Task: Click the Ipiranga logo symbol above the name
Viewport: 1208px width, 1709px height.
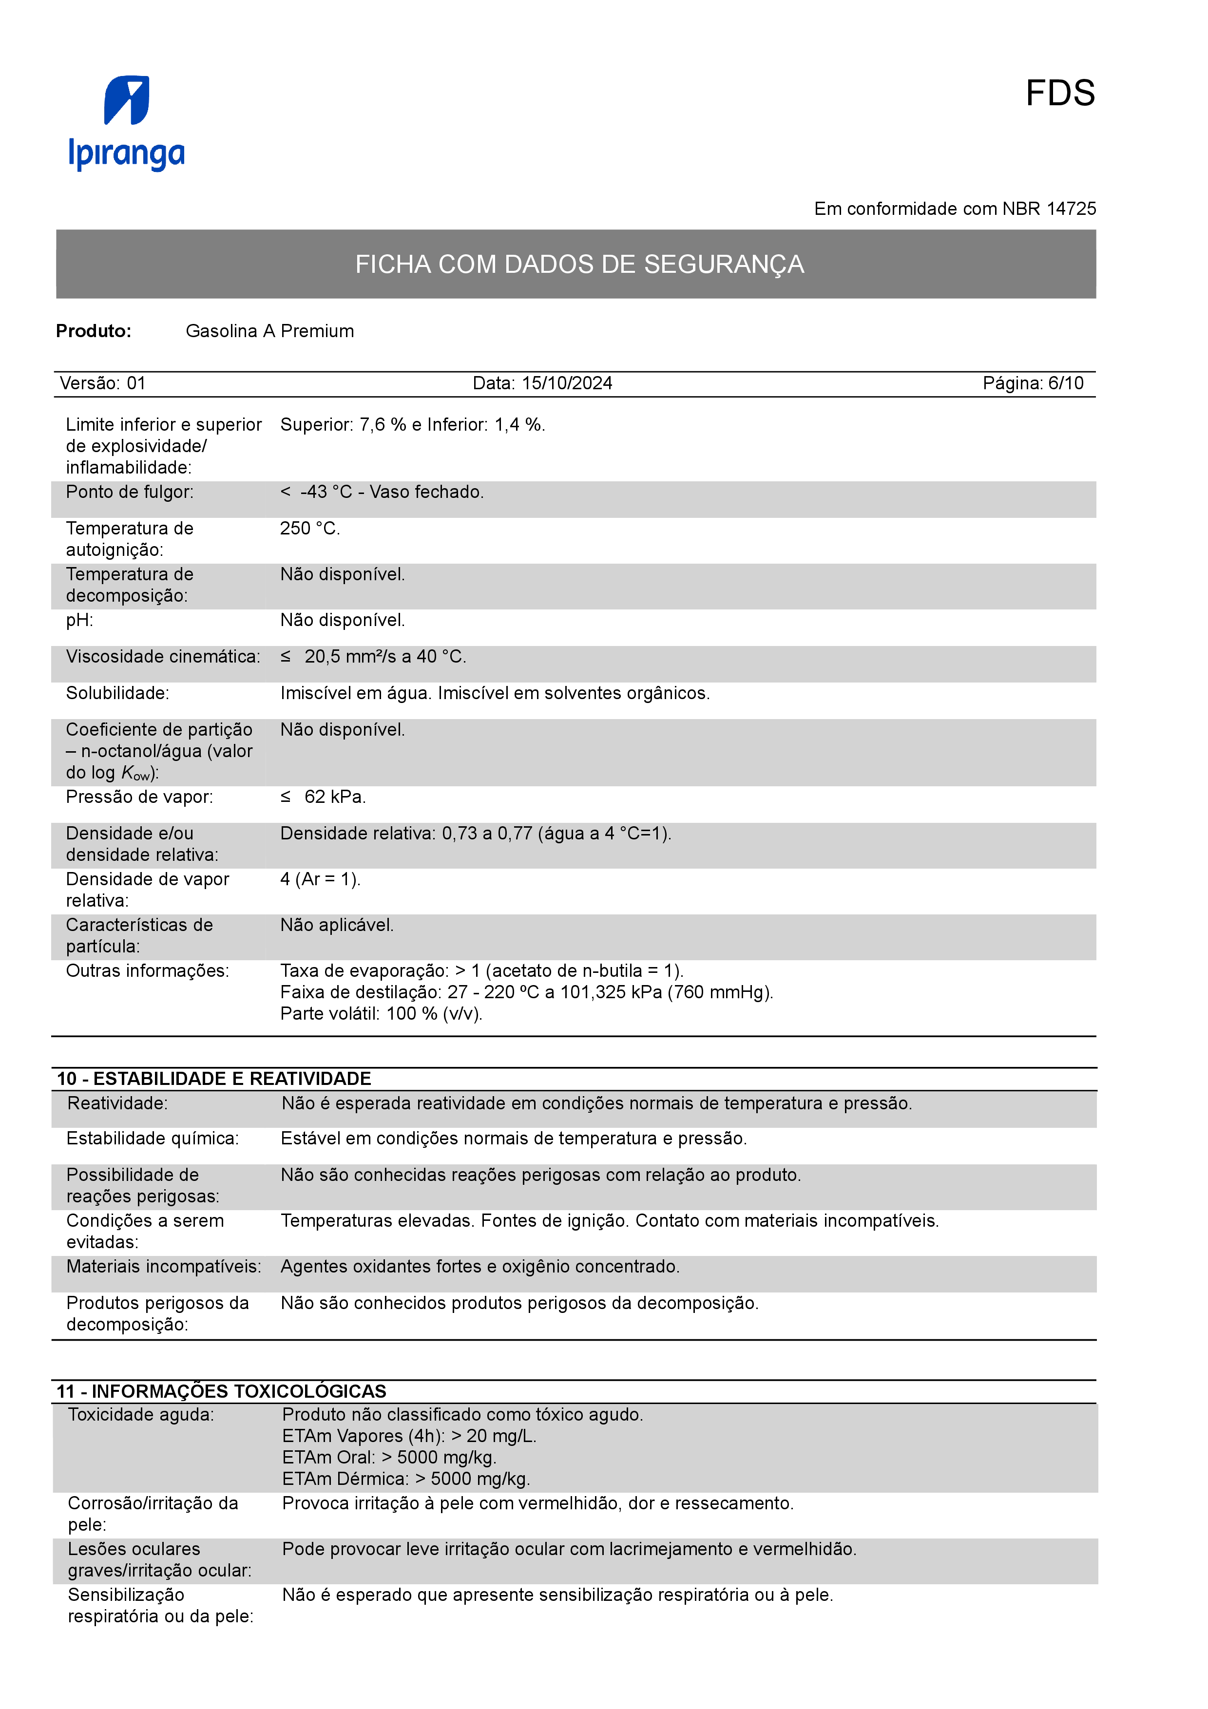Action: (x=127, y=100)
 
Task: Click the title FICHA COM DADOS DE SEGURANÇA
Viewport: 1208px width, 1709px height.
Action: (x=579, y=264)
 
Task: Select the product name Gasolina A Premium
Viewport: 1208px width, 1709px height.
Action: (x=269, y=331)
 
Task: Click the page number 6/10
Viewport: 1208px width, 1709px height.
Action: (x=1065, y=383)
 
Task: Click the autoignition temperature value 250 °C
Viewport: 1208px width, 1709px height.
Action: (x=309, y=529)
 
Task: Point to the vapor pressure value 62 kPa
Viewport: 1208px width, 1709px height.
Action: (x=334, y=797)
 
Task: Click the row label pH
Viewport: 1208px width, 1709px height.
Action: (x=79, y=620)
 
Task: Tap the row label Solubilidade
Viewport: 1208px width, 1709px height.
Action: (x=117, y=693)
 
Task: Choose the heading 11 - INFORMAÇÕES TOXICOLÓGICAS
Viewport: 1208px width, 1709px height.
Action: (x=221, y=1391)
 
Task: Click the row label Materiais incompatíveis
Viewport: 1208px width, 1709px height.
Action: (x=164, y=1266)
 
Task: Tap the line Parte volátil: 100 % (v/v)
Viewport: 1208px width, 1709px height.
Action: (x=381, y=1014)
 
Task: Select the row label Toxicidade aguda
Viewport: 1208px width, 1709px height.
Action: (x=141, y=1414)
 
